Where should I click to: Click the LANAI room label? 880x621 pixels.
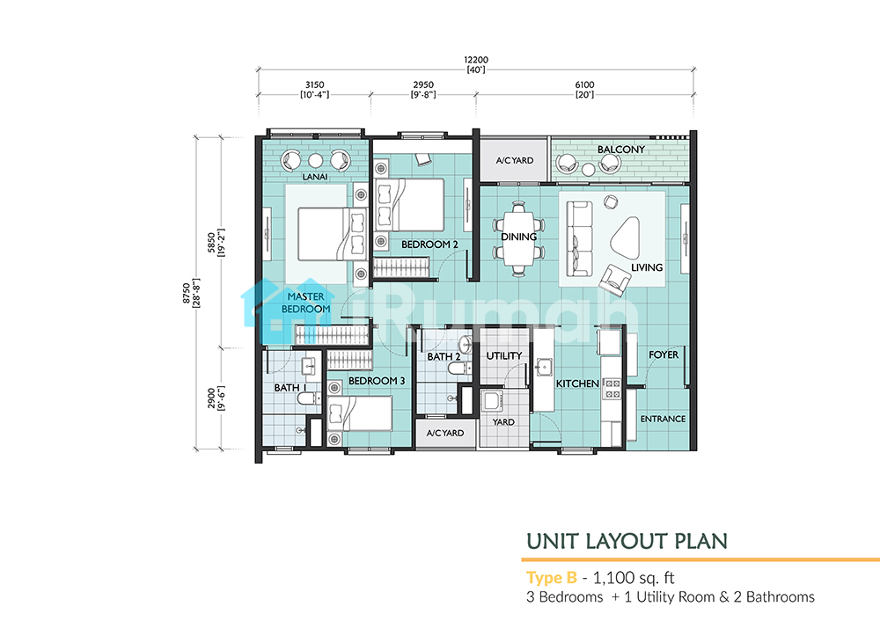pyautogui.click(x=315, y=177)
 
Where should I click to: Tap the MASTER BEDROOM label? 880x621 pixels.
pyautogui.click(x=306, y=303)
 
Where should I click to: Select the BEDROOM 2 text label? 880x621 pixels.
pyautogui.click(x=429, y=245)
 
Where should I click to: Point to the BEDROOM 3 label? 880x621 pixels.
pyautogui.click(x=377, y=381)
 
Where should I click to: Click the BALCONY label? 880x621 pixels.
pyautogui.click(x=620, y=150)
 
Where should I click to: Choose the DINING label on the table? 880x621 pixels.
pyautogui.click(x=518, y=237)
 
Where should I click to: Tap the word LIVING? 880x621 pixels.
pyautogui.click(x=647, y=267)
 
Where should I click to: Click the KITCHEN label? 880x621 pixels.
pyautogui.click(x=577, y=384)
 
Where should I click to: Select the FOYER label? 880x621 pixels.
pyautogui.click(x=664, y=354)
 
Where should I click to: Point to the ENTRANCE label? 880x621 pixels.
pyautogui.click(x=663, y=419)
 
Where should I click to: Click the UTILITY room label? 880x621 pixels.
pyautogui.click(x=504, y=355)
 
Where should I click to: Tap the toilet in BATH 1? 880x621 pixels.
pyautogui.click(x=307, y=398)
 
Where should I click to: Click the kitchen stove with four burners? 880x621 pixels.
pyautogui.click(x=612, y=389)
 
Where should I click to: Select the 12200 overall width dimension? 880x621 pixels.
pyautogui.click(x=476, y=60)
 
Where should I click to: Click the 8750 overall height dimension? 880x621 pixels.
pyautogui.click(x=187, y=294)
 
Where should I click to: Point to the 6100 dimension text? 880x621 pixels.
pyautogui.click(x=585, y=84)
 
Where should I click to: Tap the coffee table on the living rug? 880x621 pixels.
pyautogui.click(x=625, y=237)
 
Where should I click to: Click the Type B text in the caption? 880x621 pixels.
pyautogui.click(x=552, y=578)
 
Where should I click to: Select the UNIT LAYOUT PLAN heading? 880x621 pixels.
pyautogui.click(x=627, y=541)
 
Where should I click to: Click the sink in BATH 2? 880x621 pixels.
pyautogui.click(x=466, y=343)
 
